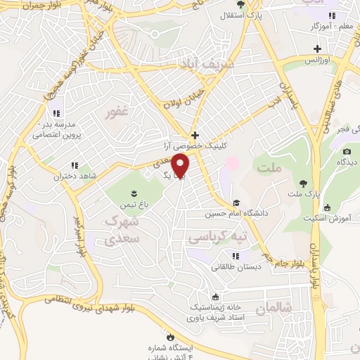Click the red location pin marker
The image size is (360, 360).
pos(181,165)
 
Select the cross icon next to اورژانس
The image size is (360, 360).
pos(318,49)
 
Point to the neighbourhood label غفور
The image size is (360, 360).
pos(116,112)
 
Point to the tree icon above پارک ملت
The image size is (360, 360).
pos(303,181)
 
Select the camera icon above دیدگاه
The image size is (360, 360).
pos(347,152)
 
